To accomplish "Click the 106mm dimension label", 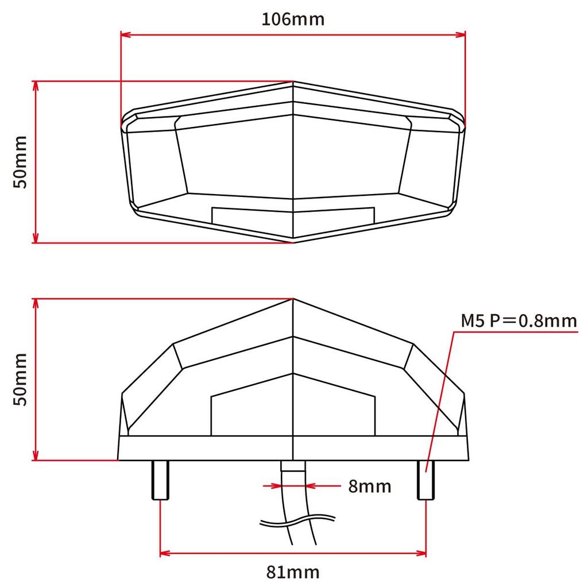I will tap(293, 19).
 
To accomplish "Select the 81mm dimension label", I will tap(293, 572).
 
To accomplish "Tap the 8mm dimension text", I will tap(369, 486).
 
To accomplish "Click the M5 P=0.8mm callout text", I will tap(519, 320).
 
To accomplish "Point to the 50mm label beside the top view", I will tap(21, 162).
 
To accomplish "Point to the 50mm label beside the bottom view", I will tap(21, 380).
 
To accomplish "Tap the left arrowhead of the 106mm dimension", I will tap(126, 35).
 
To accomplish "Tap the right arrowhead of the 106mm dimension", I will tap(460, 35).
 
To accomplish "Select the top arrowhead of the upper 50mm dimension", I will tap(36, 86).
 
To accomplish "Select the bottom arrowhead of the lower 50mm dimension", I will tap(36, 456).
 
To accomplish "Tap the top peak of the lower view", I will tap(293, 299).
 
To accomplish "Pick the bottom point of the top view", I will tap(294, 239).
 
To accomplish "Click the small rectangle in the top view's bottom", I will tap(293, 215).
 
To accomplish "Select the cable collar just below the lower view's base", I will tap(293, 466).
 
